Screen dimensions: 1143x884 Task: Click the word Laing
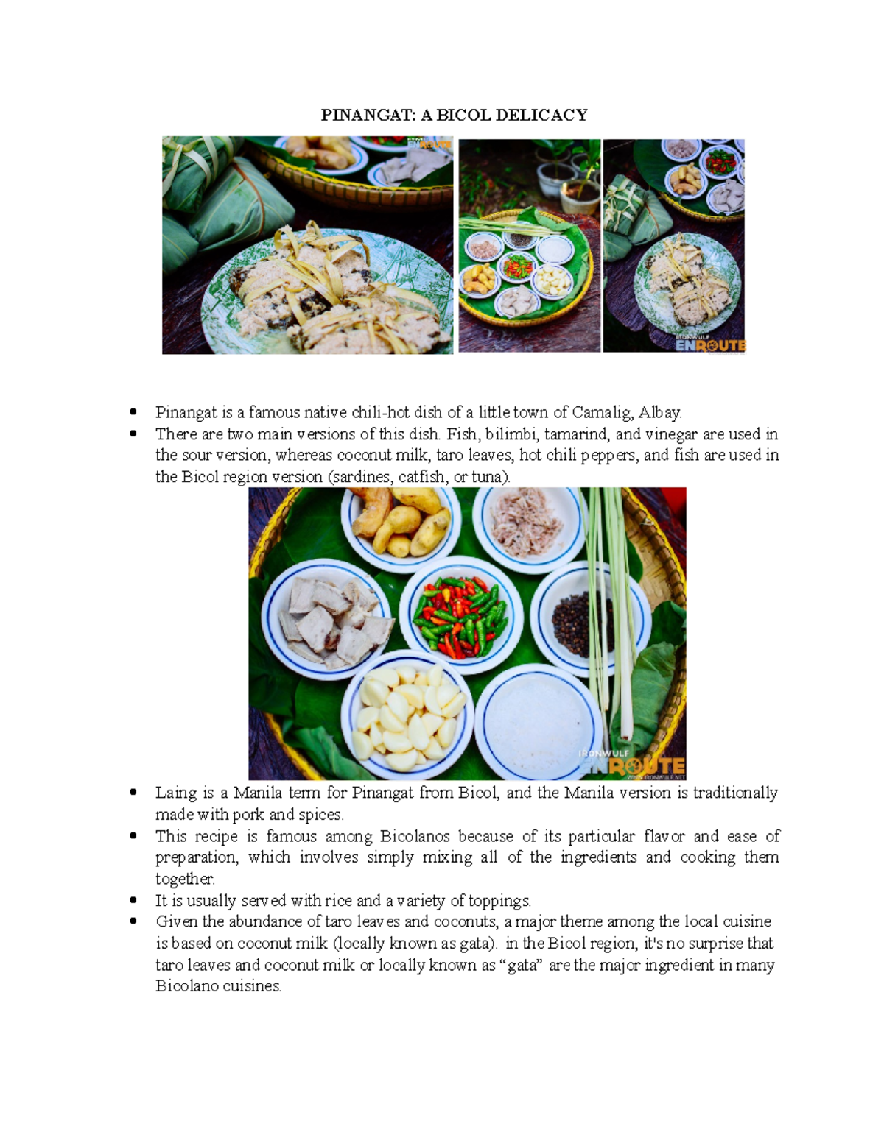pyautogui.click(x=176, y=793)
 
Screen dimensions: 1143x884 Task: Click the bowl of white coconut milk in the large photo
pyautogui.click(x=538, y=721)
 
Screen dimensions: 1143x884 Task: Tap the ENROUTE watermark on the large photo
pyautogui.click(x=634, y=766)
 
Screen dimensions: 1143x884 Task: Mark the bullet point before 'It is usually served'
pyautogui.click(x=133, y=900)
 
